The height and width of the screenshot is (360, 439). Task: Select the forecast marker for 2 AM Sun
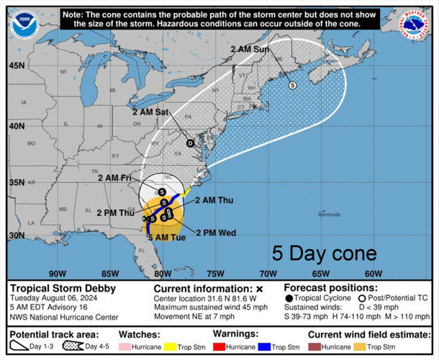pyautogui.click(x=292, y=85)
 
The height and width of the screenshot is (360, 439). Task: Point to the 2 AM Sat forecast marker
pyautogui.click(x=191, y=143)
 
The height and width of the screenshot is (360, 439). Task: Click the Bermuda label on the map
pyautogui.click(x=329, y=215)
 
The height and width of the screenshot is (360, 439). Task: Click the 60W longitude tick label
pyautogui.click(x=373, y=273)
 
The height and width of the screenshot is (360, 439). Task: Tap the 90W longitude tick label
pyautogui.click(x=58, y=273)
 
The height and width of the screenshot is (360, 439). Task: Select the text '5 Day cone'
pyautogui.click(x=324, y=253)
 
